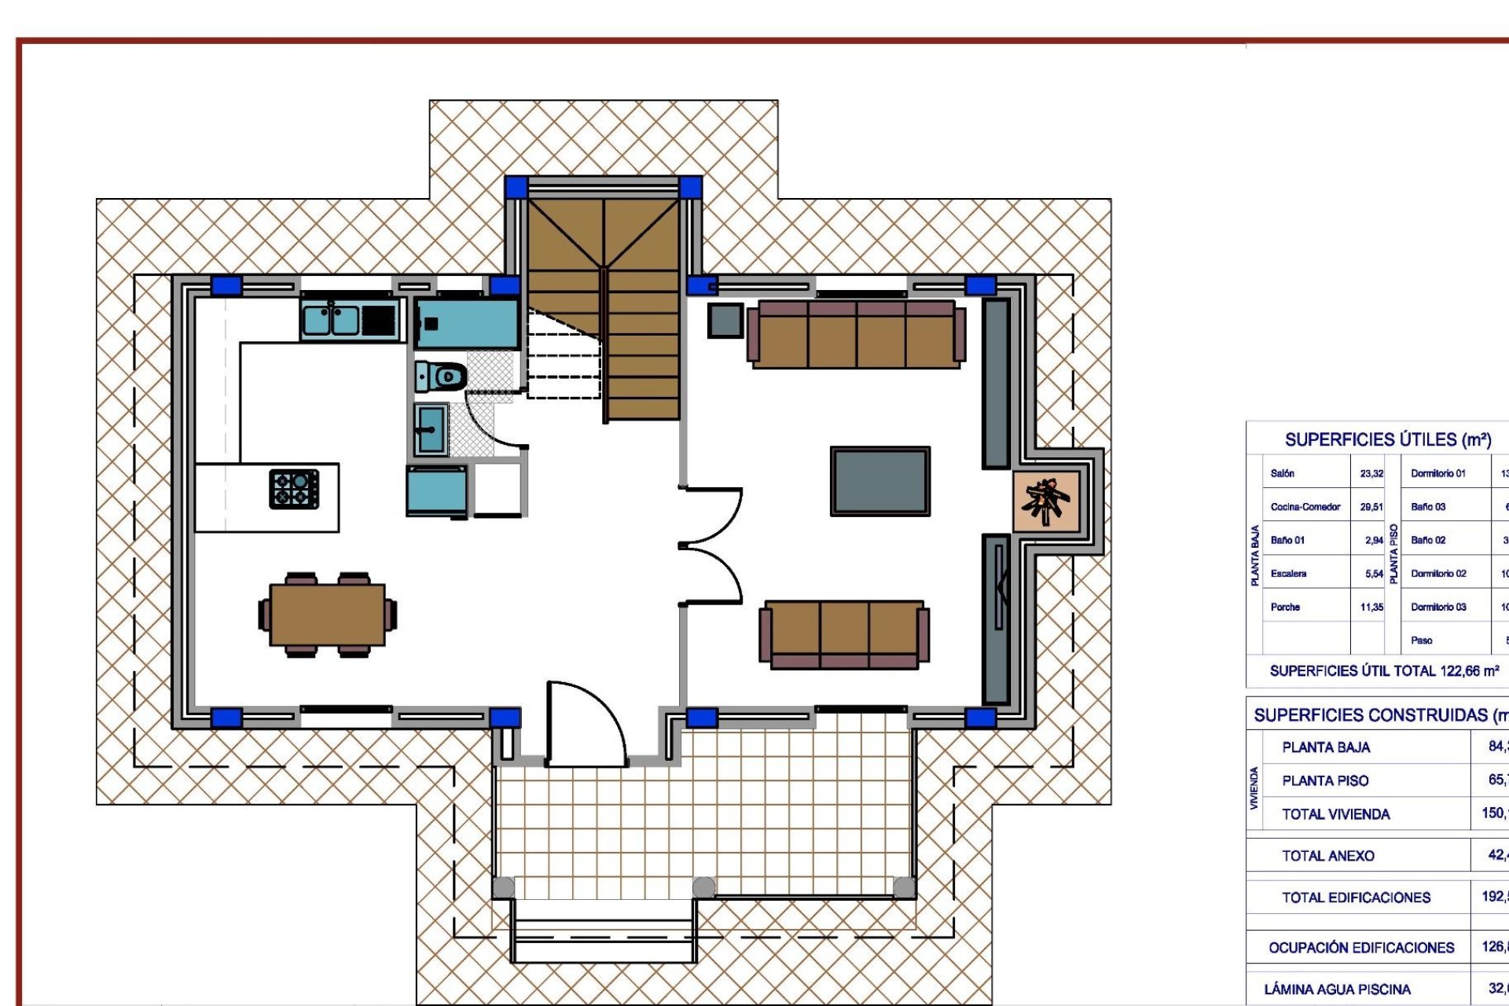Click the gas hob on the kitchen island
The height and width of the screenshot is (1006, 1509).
point(294,489)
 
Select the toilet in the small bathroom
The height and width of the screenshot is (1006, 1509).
point(440,376)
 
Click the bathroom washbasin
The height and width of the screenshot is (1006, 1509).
point(431,429)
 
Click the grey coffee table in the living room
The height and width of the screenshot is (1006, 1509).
point(880,481)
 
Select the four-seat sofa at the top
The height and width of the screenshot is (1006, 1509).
point(856,334)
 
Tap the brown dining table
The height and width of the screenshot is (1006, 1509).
point(327,615)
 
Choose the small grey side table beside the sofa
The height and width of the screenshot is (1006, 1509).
point(725,321)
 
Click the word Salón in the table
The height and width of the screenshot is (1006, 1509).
point(1282,474)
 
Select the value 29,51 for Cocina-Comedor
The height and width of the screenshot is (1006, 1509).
point(1371,507)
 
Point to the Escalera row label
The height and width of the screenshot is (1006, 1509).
point(1288,574)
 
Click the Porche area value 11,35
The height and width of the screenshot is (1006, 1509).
point(1371,608)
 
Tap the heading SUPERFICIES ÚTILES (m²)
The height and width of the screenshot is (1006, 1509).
point(1387,440)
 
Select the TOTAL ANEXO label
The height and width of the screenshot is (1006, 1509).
point(1328,856)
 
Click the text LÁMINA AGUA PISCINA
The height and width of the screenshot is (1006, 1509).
point(1337,989)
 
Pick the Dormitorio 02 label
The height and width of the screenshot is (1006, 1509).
point(1438,574)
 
